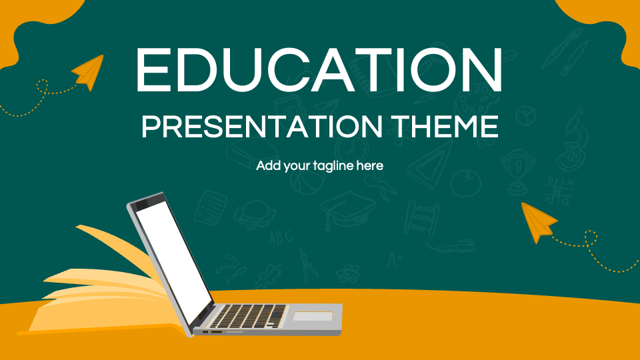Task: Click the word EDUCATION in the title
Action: [x=319, y=69]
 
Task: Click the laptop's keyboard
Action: [x=250, y=315]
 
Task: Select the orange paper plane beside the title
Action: [x=89, y=72]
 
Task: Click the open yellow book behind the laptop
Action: [x=100, y=287]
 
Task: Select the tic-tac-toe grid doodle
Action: [x=557, y=191]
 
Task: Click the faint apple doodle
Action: [x=466, y=181]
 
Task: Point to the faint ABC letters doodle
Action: [x=281, y=237]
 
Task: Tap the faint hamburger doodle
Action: [x=254, y=213]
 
